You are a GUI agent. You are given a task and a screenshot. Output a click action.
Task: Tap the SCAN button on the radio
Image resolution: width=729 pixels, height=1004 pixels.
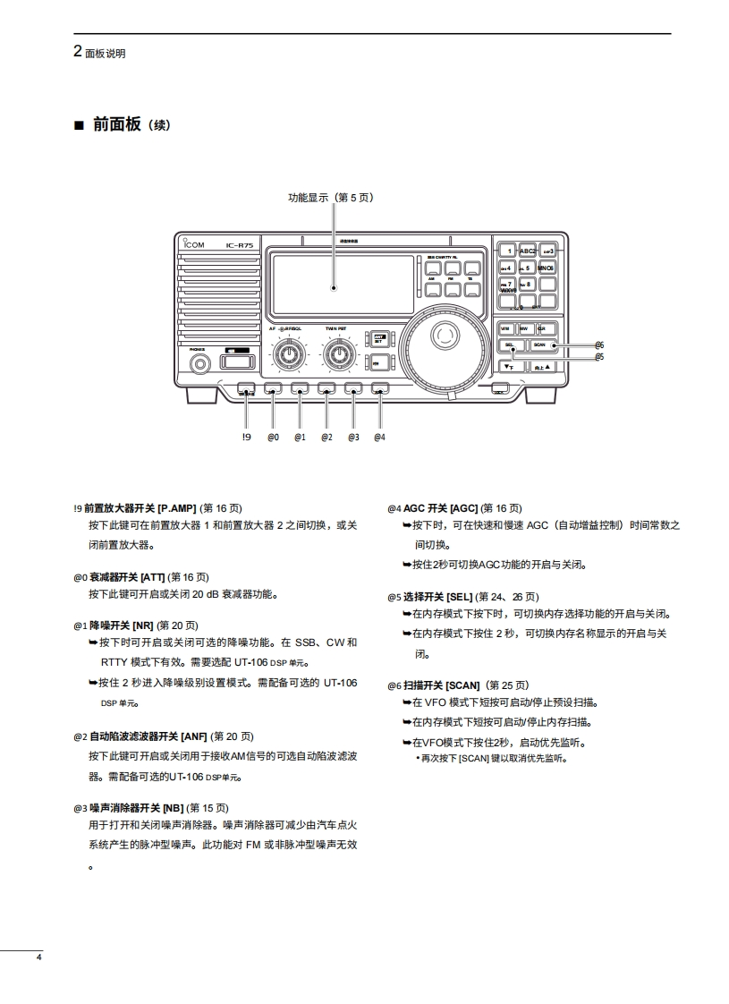[x=539, y=345]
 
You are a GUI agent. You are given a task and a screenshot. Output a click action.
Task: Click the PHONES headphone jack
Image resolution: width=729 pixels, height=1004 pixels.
[x=199, y=362]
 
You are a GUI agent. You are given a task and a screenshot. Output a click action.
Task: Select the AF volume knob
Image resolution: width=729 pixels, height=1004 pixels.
[x=289, y=354]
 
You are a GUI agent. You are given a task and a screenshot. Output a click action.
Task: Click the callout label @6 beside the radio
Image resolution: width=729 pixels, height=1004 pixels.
[x=599, y=345]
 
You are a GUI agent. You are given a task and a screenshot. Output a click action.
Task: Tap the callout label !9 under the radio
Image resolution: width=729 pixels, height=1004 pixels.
[x=246, y=437]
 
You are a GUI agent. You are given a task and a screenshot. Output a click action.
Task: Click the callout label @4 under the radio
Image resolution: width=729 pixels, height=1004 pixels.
[x=379, y=437]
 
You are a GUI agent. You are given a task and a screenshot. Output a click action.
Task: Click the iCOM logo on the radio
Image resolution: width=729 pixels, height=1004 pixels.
[x=193, y=244]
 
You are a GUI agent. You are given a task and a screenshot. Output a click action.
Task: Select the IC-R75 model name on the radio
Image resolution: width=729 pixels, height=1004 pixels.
[x=239, y=244]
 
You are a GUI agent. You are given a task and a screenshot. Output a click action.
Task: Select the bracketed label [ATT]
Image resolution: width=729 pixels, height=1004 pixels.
[x=152, y=577]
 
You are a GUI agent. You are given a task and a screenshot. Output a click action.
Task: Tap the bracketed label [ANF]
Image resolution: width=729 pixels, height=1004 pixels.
[x=194, y=736]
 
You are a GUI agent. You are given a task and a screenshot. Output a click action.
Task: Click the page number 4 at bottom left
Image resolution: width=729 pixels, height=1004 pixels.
[x=38, y=957]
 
